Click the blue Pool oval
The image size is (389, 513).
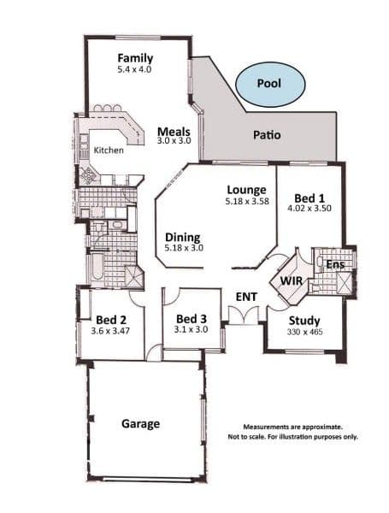tap(270, 84)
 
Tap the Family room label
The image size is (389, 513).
tap(135, 58)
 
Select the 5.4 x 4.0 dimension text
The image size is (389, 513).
tap(134, 69)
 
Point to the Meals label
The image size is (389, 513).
tap(174, 132)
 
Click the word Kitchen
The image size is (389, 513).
tap(109, 150)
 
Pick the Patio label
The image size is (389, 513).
tap(267, 135)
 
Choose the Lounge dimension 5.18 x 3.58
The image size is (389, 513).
tap(247, 201)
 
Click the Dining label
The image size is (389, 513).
tap(183, 238)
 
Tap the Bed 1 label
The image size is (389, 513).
tap(309, 198)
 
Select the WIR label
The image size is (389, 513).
tap(292, 280)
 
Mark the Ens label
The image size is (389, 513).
tap(335, 264)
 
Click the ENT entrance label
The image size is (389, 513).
tap(246, 297)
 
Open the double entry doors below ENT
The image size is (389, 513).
tap(244, 315)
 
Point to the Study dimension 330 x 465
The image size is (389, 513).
tap(304, 332)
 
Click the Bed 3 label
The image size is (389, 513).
tap(192, 319)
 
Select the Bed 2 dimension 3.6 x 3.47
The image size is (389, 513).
tap(110, 331)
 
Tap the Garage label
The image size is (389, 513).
tap(141, 424)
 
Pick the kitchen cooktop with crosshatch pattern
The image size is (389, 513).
tap(88, 175)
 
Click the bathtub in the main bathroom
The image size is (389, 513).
tap(97, 266)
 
